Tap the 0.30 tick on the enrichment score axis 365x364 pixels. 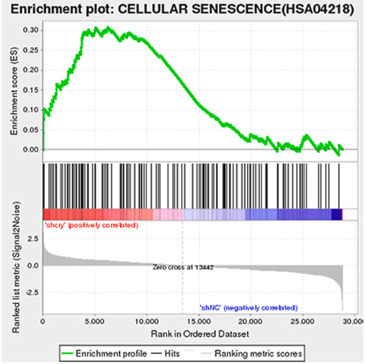tap(30, 30)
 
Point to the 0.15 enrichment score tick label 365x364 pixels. tap(30, 90)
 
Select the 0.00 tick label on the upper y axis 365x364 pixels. tap(30, 149)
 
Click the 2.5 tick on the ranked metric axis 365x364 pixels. tap(34, 239)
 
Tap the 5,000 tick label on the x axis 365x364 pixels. tap(95, 323)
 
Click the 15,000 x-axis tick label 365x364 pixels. tap(198, 323)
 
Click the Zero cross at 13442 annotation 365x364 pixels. tap(183, 267)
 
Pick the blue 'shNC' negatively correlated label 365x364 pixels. tap(248, 307)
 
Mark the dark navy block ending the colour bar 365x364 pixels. tap(336, 214)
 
